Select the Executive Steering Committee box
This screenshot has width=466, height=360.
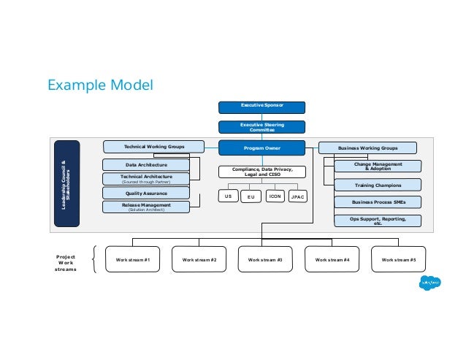262,127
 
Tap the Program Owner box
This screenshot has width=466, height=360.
262,148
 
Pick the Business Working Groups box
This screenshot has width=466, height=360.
367,148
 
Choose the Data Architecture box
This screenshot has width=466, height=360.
146,165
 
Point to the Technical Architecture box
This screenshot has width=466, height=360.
146,179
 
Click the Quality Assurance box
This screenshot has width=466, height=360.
146,194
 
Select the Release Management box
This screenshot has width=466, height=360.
146,207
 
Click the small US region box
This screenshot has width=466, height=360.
228,196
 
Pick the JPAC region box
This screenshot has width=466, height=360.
297,196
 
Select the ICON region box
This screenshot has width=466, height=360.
275,196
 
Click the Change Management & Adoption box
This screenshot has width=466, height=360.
378,166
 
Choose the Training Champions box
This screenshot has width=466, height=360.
378,185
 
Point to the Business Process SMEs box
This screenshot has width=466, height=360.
378,202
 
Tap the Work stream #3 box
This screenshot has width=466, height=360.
265,260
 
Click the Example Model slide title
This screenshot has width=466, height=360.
100,85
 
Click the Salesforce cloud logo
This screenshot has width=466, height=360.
429,283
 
